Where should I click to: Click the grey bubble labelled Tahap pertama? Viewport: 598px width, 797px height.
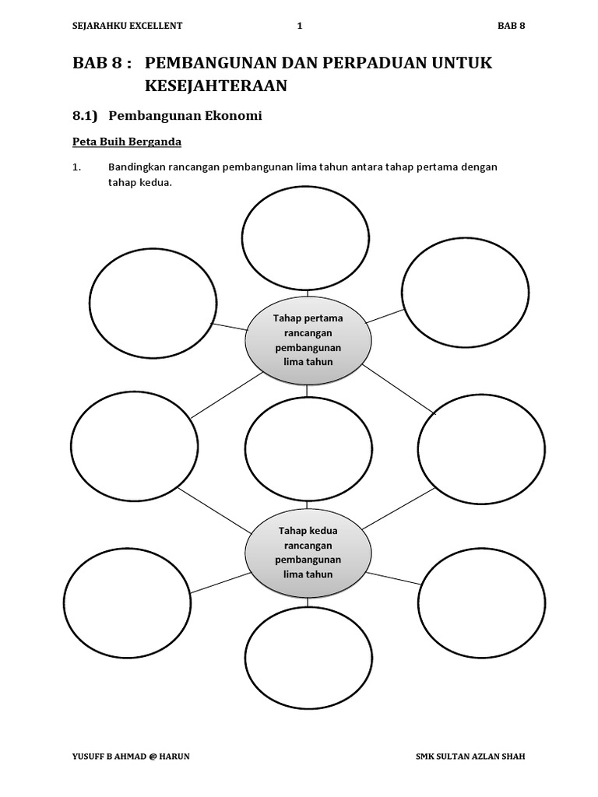click(308, 340)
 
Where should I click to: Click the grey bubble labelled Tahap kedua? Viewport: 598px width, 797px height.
click(308, 552)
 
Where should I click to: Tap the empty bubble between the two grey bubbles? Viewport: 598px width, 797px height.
click(308, 448)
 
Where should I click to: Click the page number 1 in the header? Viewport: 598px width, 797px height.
click(300, 26)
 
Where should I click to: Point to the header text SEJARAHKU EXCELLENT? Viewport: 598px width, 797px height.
click(127, 26)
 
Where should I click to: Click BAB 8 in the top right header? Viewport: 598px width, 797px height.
click(512, 26)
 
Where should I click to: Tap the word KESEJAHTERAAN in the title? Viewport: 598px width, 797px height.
click(216, 86)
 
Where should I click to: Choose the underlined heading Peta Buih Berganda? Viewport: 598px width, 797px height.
click(127, 142)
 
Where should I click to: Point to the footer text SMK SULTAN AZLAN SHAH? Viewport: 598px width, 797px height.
click(477, 756)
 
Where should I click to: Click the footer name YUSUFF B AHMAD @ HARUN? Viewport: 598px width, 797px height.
click(130, 756)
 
